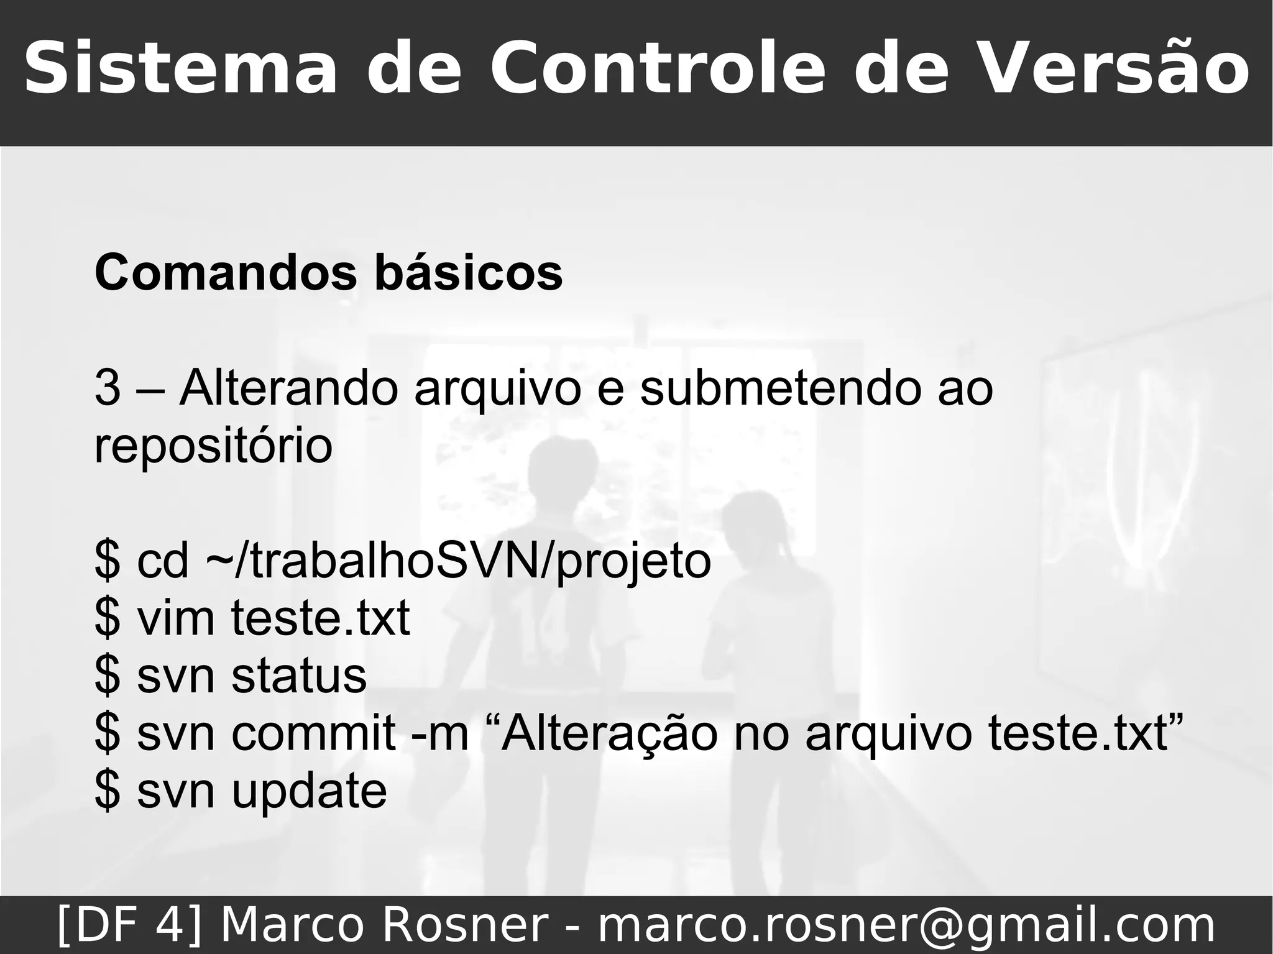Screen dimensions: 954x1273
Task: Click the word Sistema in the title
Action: click(x=180, y=68)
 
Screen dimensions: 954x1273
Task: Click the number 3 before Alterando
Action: click(x=107, y=388)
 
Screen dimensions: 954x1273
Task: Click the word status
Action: click(x=299, y=676)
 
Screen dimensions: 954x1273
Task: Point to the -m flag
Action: click(x=440, y=734)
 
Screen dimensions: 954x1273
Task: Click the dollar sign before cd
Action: click(x=107, y=561)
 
